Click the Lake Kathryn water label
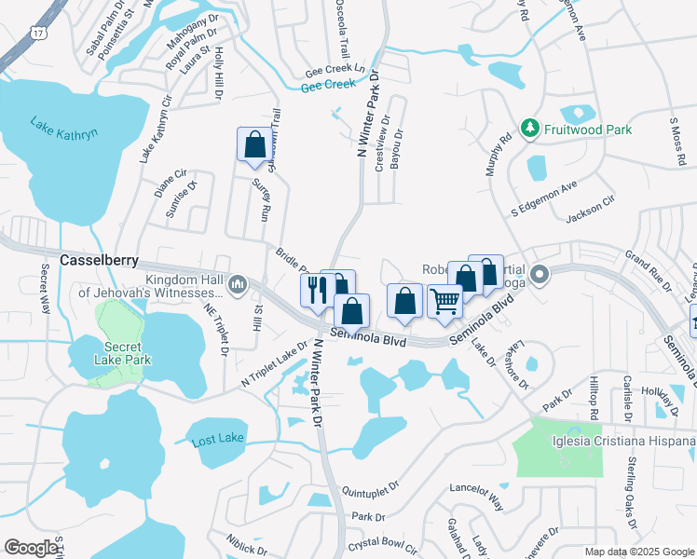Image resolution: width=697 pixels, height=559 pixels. pos(63,129)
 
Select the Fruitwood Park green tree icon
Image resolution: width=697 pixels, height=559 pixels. pos(529,127)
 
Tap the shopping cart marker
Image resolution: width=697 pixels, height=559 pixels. pos(445,302)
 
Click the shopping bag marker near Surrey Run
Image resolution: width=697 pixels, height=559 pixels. pos(253,144)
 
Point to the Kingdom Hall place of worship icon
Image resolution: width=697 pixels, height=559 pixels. pos(239,283)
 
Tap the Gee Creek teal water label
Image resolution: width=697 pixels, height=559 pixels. pos(329,86)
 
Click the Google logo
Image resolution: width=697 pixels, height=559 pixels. pos(31,548)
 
